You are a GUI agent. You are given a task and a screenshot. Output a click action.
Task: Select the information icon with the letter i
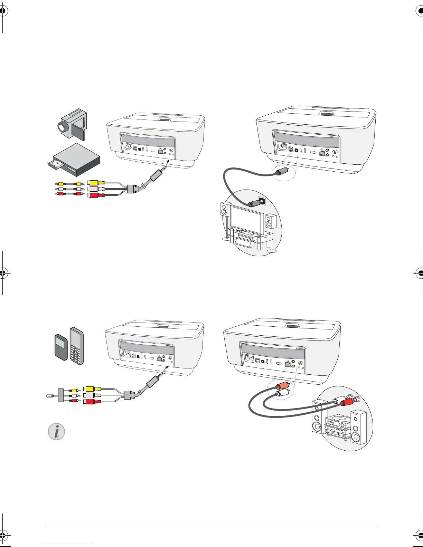56,432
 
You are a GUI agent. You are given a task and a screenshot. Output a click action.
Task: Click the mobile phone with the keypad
76,346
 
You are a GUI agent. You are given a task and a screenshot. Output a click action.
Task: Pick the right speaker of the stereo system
358,427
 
